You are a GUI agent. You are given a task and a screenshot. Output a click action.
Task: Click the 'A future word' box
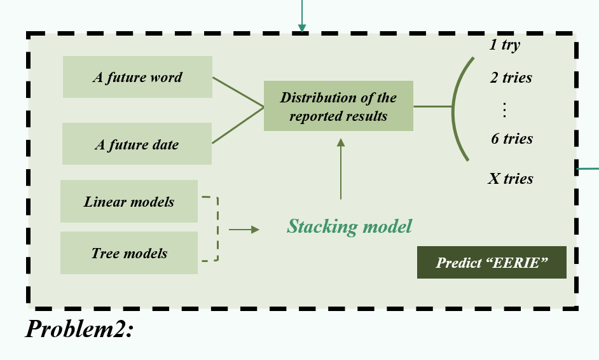pyautogui.click(x=137, y=77)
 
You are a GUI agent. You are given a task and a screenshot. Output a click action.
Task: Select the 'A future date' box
pyautogui.click(x=137, y=144)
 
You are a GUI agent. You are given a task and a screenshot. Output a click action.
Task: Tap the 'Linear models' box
pyautogui.click(x=129, y=201)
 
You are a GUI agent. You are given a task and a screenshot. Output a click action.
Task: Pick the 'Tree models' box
pyautogui.click(x=129, y=253)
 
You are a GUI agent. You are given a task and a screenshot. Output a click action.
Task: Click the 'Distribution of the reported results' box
pyautogui.click(x=338, y=106)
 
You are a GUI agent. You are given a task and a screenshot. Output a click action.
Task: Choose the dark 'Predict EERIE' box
pyautogui.click(x=492, y=262)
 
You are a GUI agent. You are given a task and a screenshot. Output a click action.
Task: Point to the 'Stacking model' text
pyautogui.click(x=350, y=226)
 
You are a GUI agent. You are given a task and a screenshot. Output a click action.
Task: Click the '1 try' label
pyautogui.click(x=505, y=45)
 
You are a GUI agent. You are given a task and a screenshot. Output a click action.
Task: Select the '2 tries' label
pyautogui.click(x=511, y=78)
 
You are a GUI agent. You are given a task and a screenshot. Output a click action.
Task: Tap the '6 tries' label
pyautogui.click(x=512, y=139)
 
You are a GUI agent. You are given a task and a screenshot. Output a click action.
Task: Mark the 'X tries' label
pyautogui.click(x=511, y=179)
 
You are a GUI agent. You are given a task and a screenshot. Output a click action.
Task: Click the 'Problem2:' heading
pyautogui.click(x=79, y=329)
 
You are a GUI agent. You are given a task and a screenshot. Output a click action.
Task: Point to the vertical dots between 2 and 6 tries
pyautogui.click(x=505, y=109)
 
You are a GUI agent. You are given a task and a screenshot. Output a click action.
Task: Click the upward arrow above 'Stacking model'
pyautogui.click(x=341, y=169)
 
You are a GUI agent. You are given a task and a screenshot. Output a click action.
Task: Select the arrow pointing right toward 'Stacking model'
pyautogui.click(x=244, y=230)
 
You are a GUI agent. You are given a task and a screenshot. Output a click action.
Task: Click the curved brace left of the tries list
pyautogui.click(x=453, y=108)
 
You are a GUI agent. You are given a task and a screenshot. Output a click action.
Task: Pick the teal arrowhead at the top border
pyautogui.click(x=302, y=28)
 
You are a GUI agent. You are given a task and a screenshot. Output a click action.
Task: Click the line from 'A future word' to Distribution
pyautogui.click(x=238, y=92)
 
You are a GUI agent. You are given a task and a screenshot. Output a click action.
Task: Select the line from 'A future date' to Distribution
pyautogui.click(x=238, y=125)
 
